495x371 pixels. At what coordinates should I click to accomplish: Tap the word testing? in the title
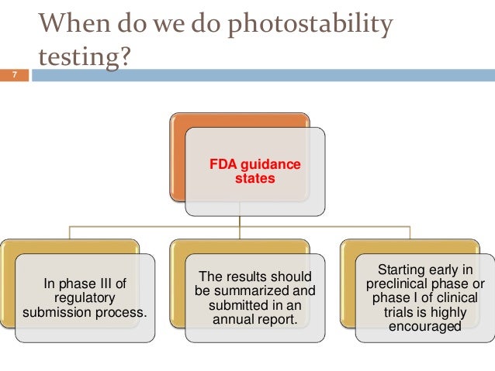[x=81, y=59]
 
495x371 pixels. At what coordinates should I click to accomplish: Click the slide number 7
[x=13, y=75]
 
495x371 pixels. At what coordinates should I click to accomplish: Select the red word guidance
[x=273, y=165]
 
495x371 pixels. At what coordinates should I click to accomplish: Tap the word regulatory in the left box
[x=85, y=297]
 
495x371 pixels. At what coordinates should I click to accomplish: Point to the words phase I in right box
[x=406, y=297]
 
